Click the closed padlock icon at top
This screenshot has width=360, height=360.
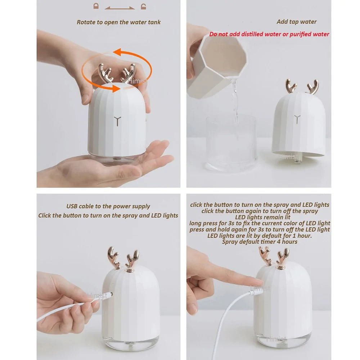[x=96, y=6]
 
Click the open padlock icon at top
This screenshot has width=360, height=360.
[x=144, y=6]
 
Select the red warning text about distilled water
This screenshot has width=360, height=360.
[x=269, y=34]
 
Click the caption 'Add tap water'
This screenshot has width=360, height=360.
[x=296, y=22]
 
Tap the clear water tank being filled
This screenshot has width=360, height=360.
[x=231, y=144]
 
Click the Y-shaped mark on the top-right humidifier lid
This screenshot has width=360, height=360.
[x=297, y=119]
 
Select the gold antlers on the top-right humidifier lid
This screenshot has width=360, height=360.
[x=302, y=86]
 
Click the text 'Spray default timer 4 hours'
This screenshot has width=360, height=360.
[x=260, y=242]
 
